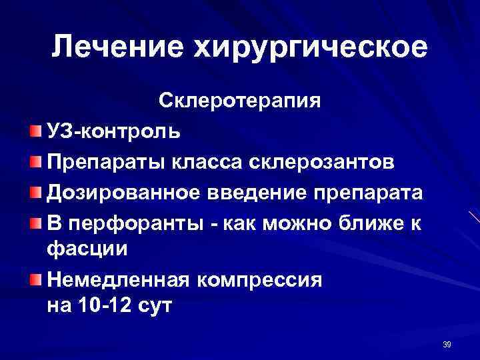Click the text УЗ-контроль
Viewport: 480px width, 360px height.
tap(113, 130)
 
